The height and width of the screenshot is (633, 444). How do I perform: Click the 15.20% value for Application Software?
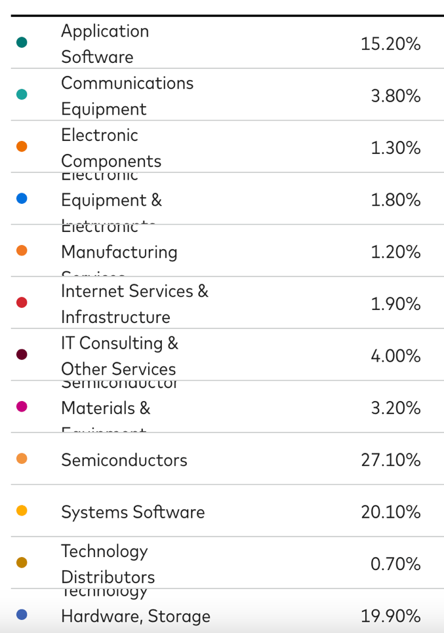click(x=390, y=44)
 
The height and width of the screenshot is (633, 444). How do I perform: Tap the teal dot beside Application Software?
click(x=22, y=43)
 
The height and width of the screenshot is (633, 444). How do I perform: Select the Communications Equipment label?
click(x=127, y=96)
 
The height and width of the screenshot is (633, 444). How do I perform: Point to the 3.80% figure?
click(x=395, y=96)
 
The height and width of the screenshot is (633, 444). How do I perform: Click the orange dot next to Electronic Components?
click(x=22, y=146)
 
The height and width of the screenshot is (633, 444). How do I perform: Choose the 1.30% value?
click(x=395, y=148)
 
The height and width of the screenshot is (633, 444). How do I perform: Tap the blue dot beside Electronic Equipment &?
click(x=22, y=198)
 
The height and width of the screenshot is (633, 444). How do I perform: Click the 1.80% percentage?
click(x=395, y=200)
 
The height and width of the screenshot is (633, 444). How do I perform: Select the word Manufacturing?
click(x=119, y=252)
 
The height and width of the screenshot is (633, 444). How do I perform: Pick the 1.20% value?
click(x=395, y=252)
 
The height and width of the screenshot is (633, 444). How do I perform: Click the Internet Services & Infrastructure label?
click(x=134, y=304)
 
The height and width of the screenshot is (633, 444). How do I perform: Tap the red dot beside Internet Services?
click(x=22, y=302)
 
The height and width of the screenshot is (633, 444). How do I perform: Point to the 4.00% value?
click(x=395, y=356)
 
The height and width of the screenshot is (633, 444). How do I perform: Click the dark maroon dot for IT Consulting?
click(x=22, y=355)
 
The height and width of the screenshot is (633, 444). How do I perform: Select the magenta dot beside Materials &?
click(x=22, y=406)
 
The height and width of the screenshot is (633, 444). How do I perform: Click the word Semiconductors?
click(x=124, y=460)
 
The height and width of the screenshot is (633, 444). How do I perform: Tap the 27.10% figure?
click(x=390, y=460)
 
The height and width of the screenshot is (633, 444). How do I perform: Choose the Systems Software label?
click(x=132, y=512)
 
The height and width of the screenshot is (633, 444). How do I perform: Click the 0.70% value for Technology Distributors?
click(x=395, y=564)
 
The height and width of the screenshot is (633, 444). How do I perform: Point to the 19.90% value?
click(x=390, y=616)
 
